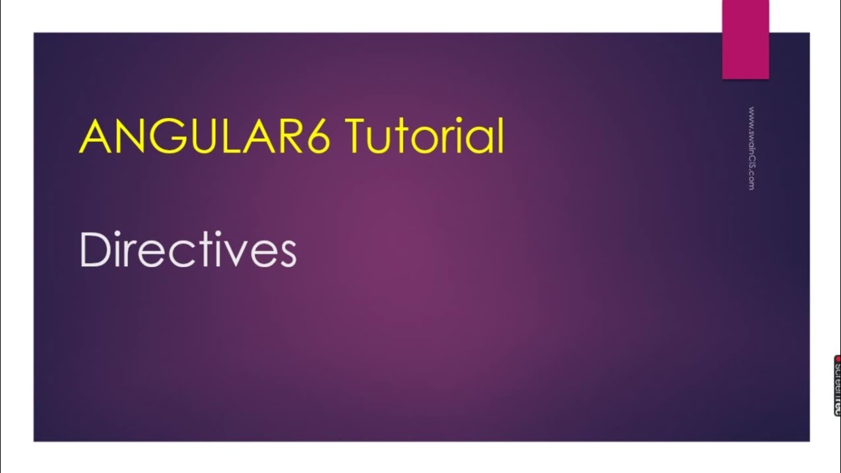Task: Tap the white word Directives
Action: click(188, 250)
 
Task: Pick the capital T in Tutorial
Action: click(357, 137)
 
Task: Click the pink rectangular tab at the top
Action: click(745, 39)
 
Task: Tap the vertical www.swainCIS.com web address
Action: click(751, 148)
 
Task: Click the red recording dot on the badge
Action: click(838, 359)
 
